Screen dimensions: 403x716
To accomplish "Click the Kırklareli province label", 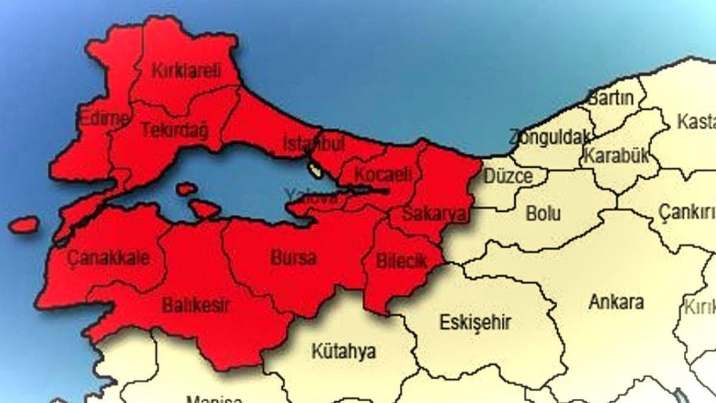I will (x=186, y=70).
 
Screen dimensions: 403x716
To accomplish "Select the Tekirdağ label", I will (x=174, y=130).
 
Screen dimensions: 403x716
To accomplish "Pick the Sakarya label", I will (x=427, y=214).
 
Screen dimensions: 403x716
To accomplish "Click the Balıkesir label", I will (x=196, y=306).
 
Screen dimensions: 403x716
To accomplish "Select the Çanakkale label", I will (x=108, y=259).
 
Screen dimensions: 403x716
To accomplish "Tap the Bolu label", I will (x=543, y=213).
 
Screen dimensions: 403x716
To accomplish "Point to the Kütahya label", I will (x=344, y=352).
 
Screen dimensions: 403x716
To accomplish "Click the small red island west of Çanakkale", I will (x=24, y=225).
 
